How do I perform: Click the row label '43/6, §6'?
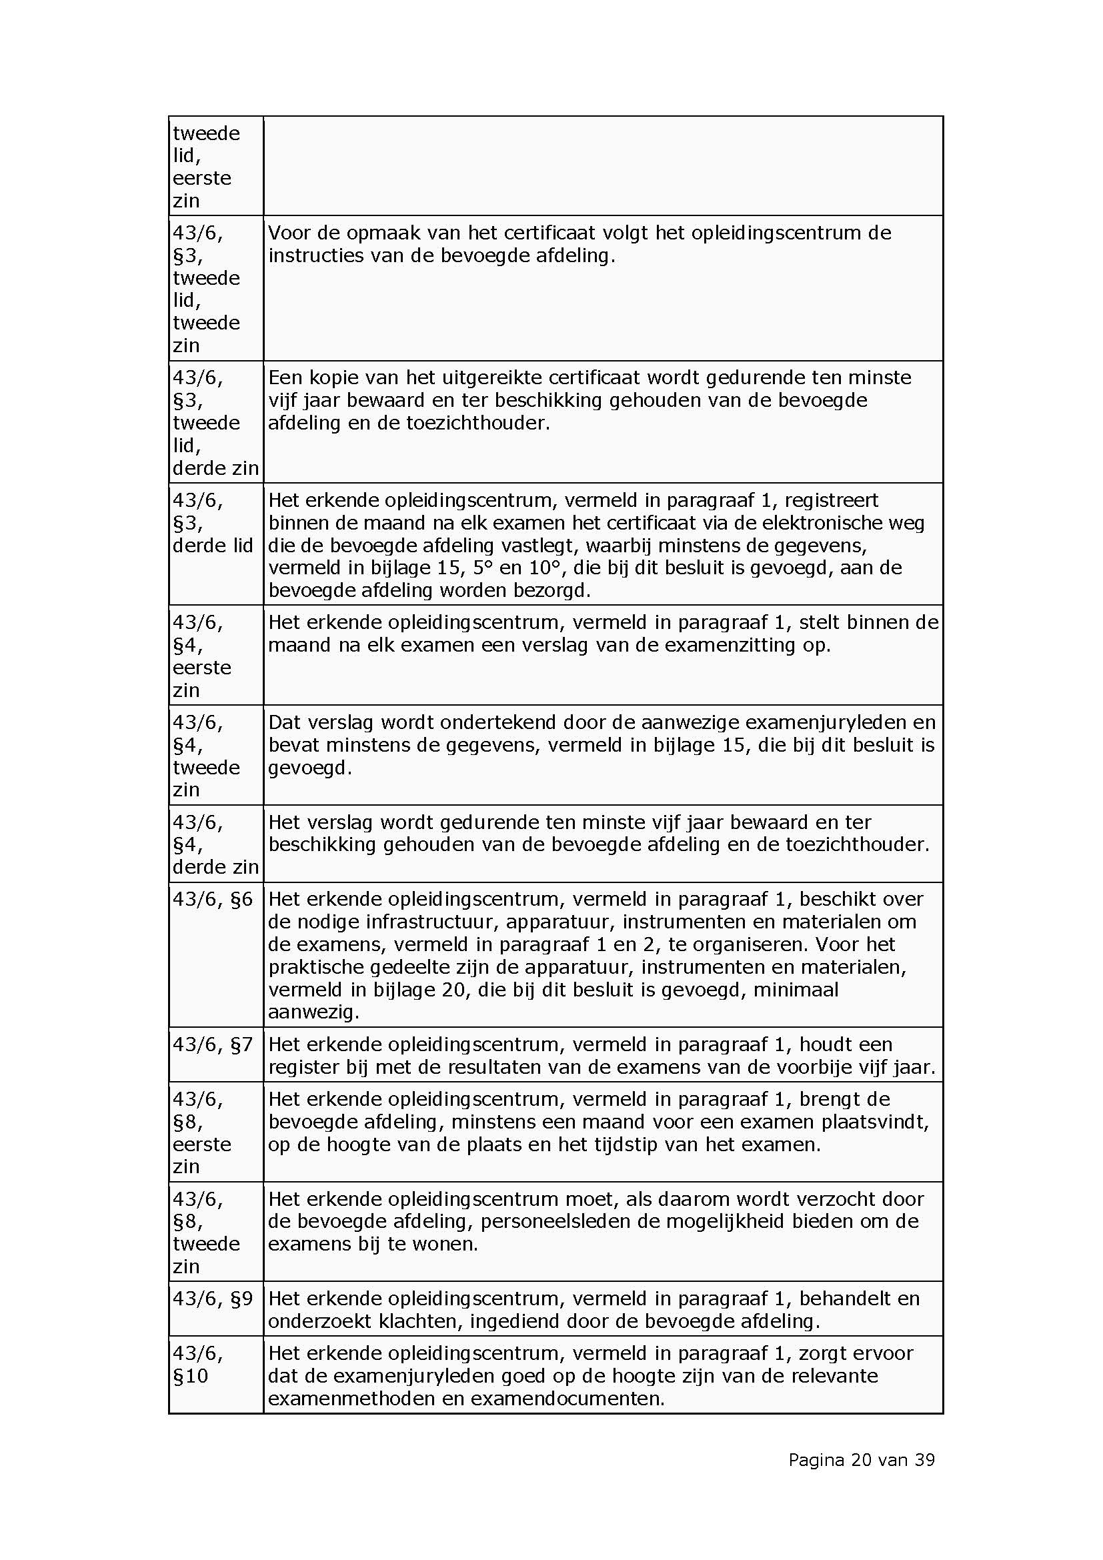point(213,899)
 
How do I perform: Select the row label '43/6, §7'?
point(213,1044)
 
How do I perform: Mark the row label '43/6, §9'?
point(213,1299)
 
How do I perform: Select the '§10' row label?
point(191,1376)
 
